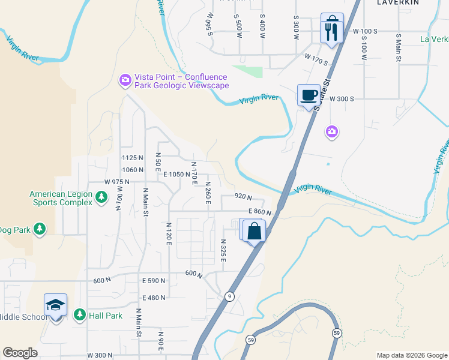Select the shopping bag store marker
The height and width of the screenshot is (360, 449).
point(255,232)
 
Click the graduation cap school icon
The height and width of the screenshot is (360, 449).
point(55,306)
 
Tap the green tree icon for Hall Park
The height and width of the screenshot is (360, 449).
point(79,315)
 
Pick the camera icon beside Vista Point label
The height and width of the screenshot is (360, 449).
point(125,80)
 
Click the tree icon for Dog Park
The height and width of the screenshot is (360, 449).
point(40,229)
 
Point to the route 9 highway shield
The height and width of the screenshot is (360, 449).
point(229,296)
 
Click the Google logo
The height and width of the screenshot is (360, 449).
point(20,353)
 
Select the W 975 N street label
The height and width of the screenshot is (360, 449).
point(116,182)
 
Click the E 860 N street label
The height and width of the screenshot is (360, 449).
point(259,212)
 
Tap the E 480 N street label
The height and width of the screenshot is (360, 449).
point(154,298)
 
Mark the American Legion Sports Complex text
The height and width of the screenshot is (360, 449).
point(61,198)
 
